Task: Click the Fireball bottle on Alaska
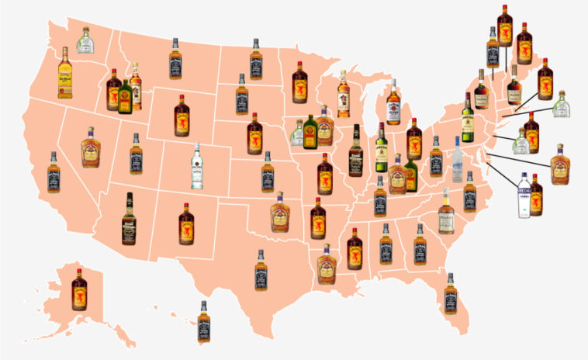(x=79, y=290)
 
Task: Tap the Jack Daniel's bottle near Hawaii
(x=204, y=321)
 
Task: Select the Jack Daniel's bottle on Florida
(x=451, y=293)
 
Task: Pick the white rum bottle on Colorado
(x=197, y=166)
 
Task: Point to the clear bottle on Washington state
(x=85, y=40)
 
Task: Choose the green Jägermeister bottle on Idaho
(x=125, y=97)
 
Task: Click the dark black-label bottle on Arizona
(x=129, y=218)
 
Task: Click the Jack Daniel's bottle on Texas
(x=261, y=271)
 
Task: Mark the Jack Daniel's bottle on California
(x=54, y=172)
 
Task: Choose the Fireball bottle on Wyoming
(x=182, y=116)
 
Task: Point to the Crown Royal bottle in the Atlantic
(x=559, y=164)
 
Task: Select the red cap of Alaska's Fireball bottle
(x=79, y=272)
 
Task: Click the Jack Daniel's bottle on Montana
(x=175, y=59)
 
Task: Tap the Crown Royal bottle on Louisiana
(x=327, y=265)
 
